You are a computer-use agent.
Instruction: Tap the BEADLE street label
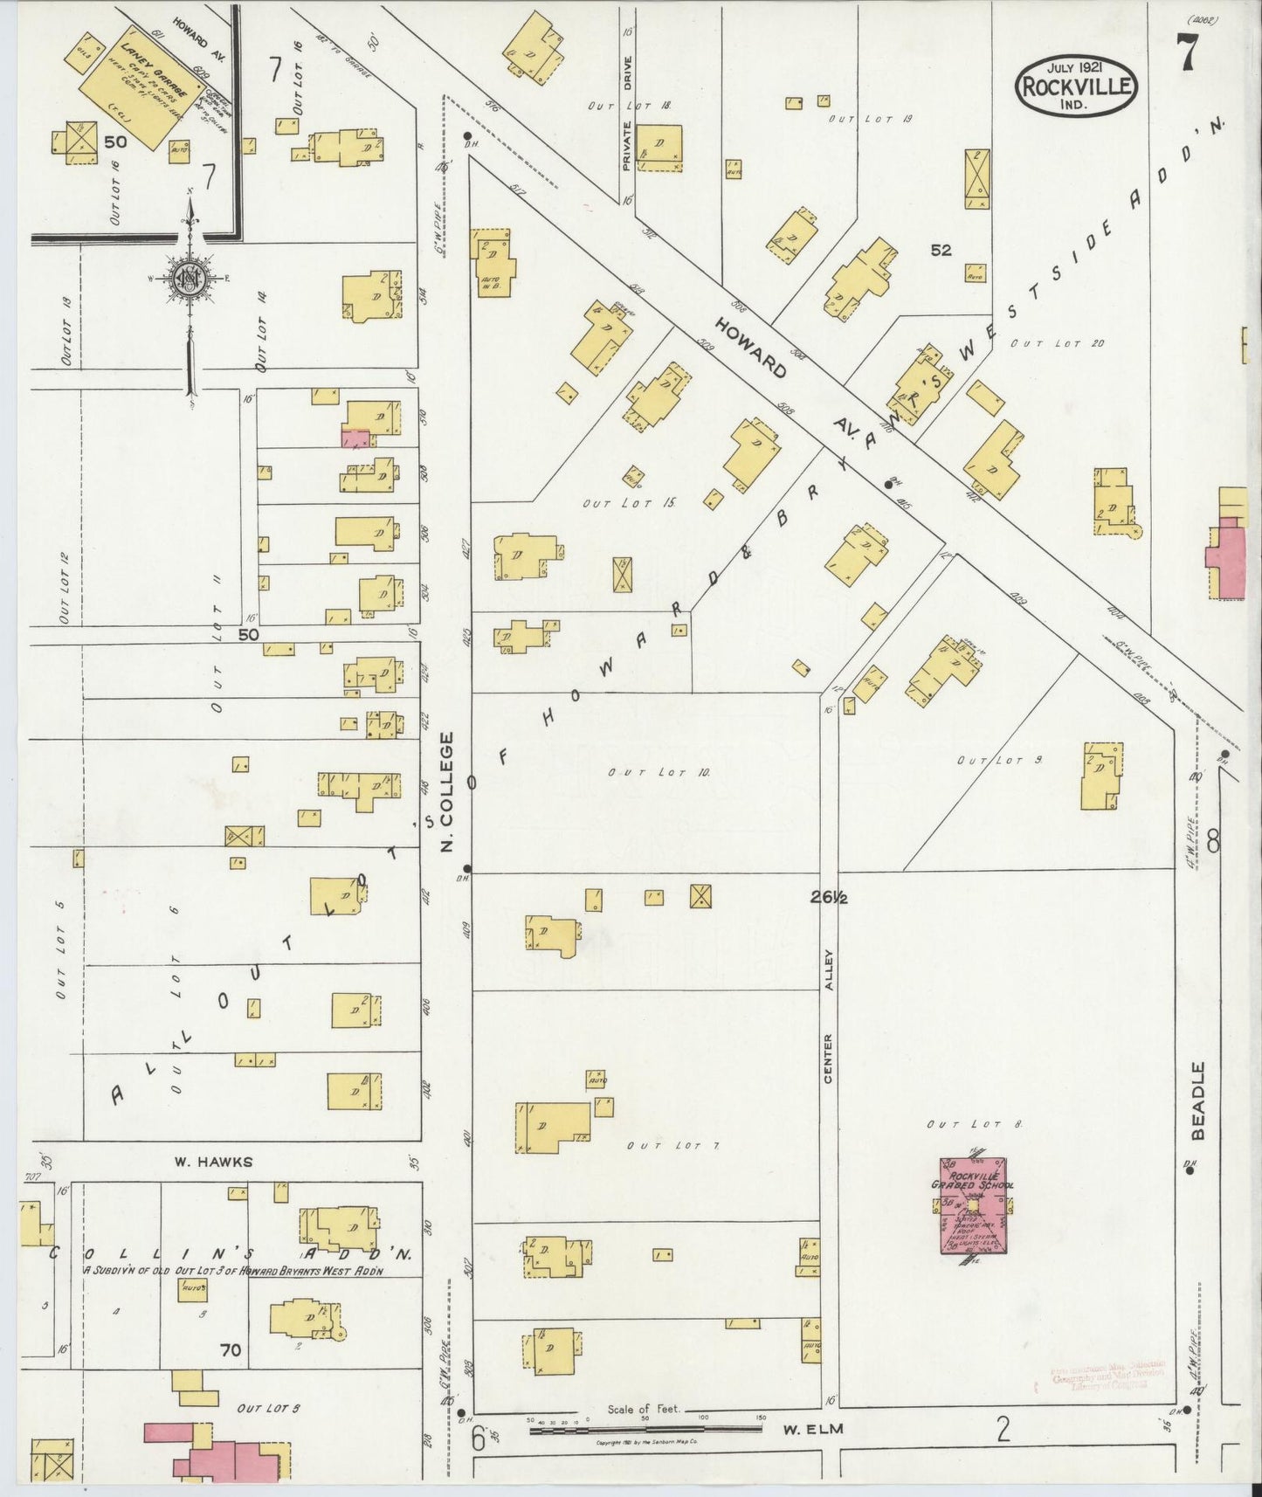(1197, 1100)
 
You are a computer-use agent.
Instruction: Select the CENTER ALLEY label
(828, 1018)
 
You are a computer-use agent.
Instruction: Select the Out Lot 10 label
(660, 772)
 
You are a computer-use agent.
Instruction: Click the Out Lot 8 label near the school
(975, 1124)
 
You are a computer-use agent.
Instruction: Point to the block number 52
(940, 250)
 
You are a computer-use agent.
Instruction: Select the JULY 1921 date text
(1075, 66)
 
